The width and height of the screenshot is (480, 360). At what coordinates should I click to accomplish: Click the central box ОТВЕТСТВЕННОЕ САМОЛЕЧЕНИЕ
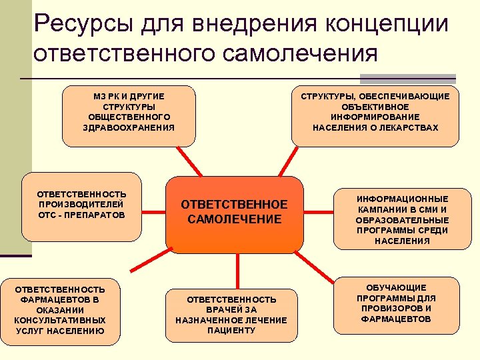(235, 212)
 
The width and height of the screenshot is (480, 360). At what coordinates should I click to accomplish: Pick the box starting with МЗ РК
(129, 115)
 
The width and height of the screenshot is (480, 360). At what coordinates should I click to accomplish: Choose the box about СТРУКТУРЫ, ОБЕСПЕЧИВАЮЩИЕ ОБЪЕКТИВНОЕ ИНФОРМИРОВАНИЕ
(375, 115)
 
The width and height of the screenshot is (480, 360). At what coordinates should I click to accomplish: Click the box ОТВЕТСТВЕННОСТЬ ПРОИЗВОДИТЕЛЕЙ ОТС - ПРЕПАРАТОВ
(83, 207)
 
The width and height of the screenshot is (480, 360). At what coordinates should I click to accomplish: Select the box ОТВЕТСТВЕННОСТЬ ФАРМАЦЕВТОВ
(60, 311)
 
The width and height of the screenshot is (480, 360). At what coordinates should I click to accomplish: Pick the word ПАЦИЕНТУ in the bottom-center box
(231, 331)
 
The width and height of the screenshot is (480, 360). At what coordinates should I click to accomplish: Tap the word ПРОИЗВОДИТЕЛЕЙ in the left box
(81, 204)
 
